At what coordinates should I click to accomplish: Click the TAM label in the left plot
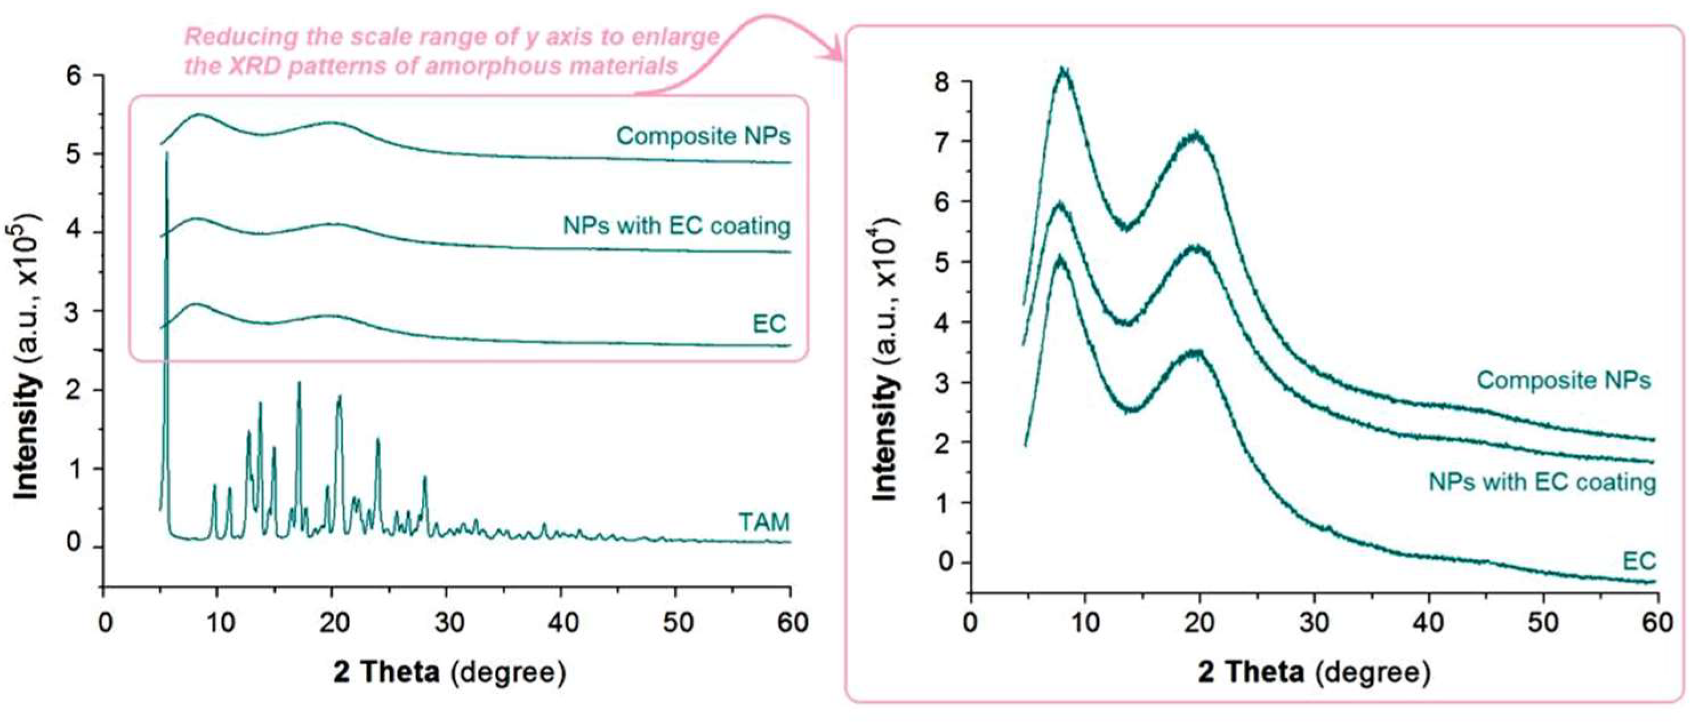tap(764, 522)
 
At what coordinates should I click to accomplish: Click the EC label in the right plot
tap(1639, 561)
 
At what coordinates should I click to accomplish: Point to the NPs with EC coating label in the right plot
tap(1541, 482)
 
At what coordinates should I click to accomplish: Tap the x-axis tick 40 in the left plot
tap(562, 621)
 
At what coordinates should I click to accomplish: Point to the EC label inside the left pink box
tap(769, 323)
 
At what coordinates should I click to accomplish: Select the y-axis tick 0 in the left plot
tap(74, 544)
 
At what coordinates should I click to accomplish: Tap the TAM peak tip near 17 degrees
tap(299, 383)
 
